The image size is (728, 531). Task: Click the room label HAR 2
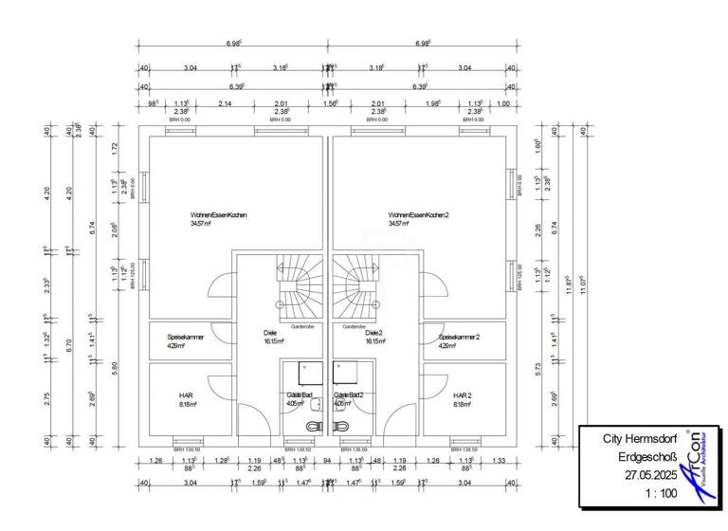pos(463,394)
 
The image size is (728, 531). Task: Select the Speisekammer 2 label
pos(459,337)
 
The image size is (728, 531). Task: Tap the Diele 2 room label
pos(373,333)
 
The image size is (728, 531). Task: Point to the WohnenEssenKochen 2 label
pos(418,215)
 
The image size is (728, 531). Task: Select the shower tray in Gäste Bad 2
pos(342,373)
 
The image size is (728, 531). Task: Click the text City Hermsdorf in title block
pos(639,440)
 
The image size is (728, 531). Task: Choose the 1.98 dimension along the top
pos(432,104)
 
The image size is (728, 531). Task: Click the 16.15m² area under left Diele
pos(273,341)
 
